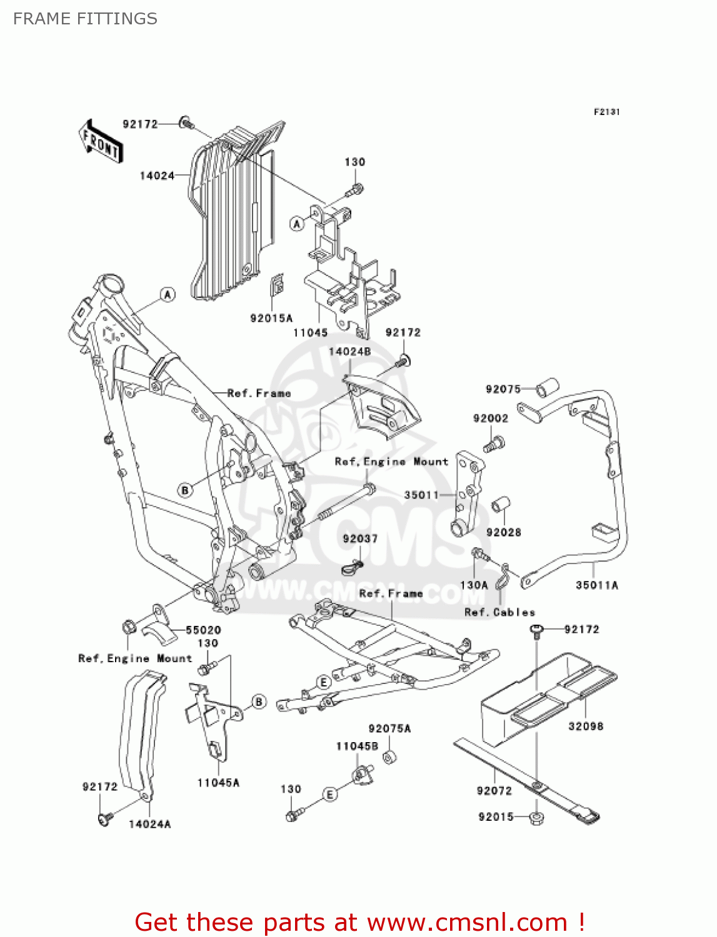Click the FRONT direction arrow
pyautogui.click(x=101, y=142)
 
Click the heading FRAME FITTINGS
pyautogui.click(x=85, y=19)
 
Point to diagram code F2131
pyautogui.click(x=606, y=112)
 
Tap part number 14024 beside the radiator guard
pyautogui.click(x=157, y=176)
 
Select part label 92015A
pyautogui.click(x=271, y=318)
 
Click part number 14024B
pyautogui.click(x=349, y=352)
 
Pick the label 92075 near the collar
pyautogui.click(x=503, y=389)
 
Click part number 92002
pyautogui.click(x=491, y=419)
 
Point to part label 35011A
pyautogui.click(x=597, y=585)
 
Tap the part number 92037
pyautogui.click(x=360, y=538)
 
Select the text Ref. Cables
pyautogui.click(x=500, y=612)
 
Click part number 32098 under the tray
pyautogui.click(x=586, y=726)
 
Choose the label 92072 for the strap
pyautogui.click(x=494, y=791)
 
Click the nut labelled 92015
pyautogui.click(x=536, y=817)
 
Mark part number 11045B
pyautogui.click(x=357, y=746)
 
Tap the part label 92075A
pyautogui.click(x=389, y=728)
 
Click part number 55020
pyautogui.click(x=203, y=630)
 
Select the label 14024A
pyautogui.click(x=149, y=824)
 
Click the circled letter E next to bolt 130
pyautogui.click(x=329, y=795)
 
